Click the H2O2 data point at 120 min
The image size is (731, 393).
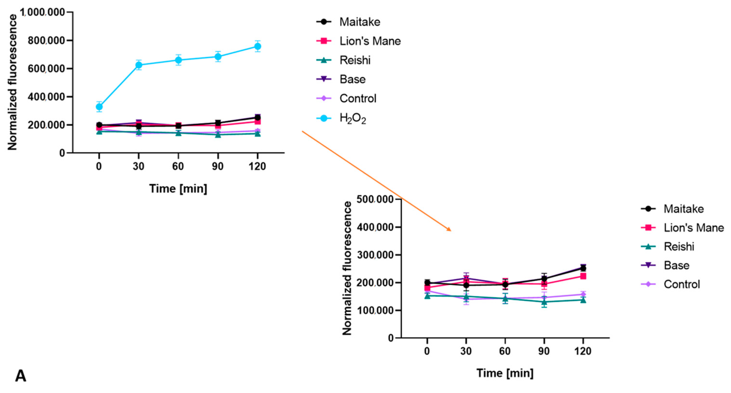click(x=257, y=46)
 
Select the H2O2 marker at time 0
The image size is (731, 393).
click(x=99, y=107)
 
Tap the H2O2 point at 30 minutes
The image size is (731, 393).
click(x=139, y=65)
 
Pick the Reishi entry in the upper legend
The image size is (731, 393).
click(x=355, y=60)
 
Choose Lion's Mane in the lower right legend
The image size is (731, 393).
click(x=693, y=228)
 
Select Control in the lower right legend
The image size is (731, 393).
click(x=681, y=284)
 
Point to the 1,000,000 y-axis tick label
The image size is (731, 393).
click(x=42, y=12)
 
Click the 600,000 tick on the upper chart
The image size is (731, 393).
click(x=46, y=69)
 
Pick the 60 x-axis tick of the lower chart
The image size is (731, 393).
click(x=505, y=351)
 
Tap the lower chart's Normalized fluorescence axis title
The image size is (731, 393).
click(x=347, y=268)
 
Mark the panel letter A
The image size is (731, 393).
click(x=20, y=376)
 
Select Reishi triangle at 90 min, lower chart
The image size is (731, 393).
click(x=544, y=302)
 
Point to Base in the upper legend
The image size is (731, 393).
click(x=352, y=79)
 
